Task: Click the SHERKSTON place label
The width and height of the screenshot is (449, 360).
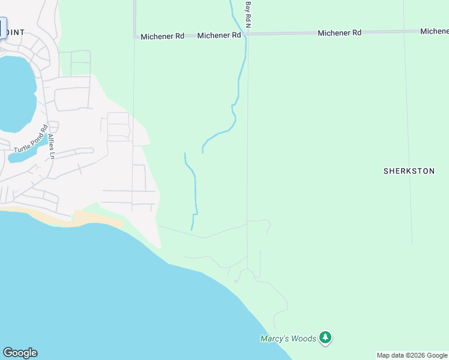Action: click(x=409, y=171)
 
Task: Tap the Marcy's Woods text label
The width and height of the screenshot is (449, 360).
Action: click(x=288, y=338)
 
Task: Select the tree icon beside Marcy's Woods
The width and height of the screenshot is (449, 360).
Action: click(x=325, y=338)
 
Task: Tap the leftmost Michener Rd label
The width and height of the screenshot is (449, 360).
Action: click(x=162, y=37)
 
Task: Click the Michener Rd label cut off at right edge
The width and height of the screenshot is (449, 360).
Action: click(x=435, y=31)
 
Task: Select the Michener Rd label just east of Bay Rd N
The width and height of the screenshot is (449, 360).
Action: click(x=339, y=33)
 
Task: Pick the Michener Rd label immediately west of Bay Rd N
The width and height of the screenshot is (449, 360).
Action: click(x=219, y=36)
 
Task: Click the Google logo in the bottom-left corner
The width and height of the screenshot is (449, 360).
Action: click(x=20, y=353)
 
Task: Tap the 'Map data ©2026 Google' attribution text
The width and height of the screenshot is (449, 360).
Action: click(x=412, y=355)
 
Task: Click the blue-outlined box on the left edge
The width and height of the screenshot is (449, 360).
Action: click(x=2, y=28)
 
